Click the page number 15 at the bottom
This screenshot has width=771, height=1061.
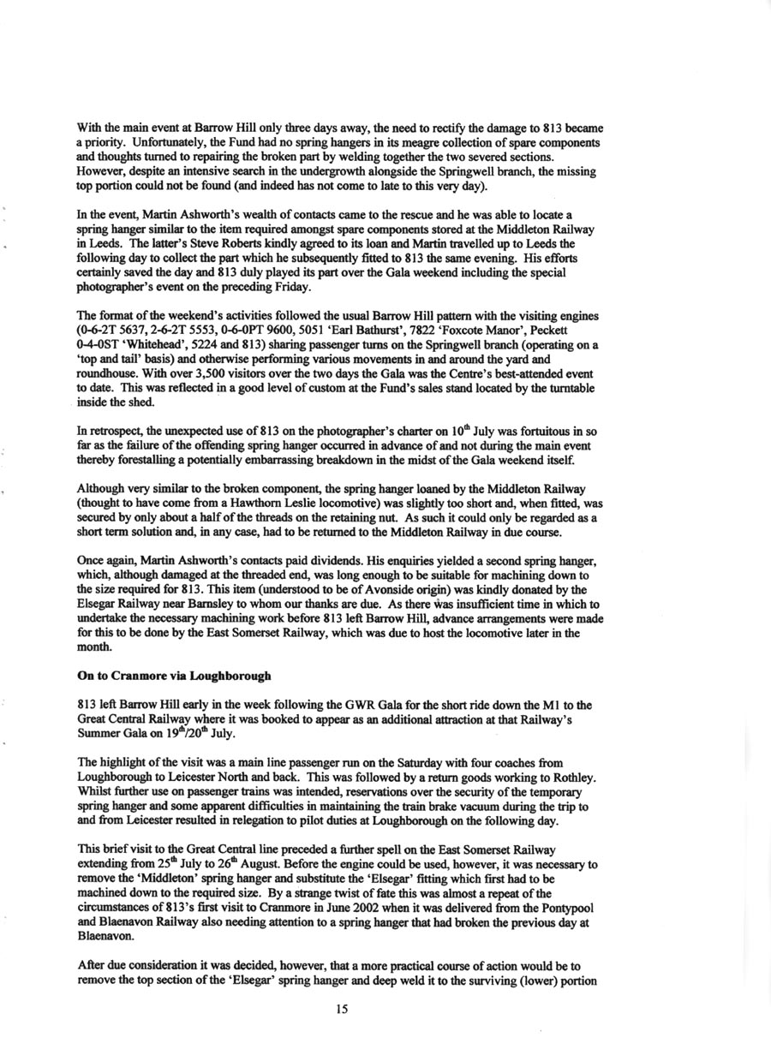(342, 1010)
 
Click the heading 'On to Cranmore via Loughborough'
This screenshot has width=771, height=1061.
(174, 676)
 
